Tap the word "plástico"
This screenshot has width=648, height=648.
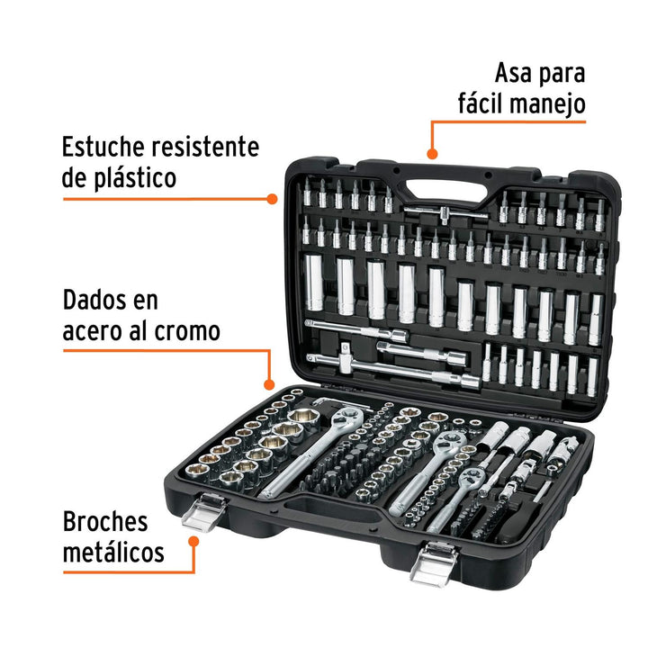(x=135, y=179)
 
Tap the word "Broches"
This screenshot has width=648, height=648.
(x=105, y=521)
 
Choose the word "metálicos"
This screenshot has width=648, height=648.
(x=113, y=552)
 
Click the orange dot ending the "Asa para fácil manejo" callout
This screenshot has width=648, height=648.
(x=432, y=154)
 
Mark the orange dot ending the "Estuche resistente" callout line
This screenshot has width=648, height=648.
(x=272, y=199)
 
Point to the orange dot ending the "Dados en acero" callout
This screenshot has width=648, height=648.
(x=269, y=385)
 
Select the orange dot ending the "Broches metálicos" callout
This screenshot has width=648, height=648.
(x=193, y=542)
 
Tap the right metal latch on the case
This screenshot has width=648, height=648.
(x=434, y=564)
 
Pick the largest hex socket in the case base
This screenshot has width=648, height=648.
(x=304, y=419)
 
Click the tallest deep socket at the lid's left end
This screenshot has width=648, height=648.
(x=314, y=283)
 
